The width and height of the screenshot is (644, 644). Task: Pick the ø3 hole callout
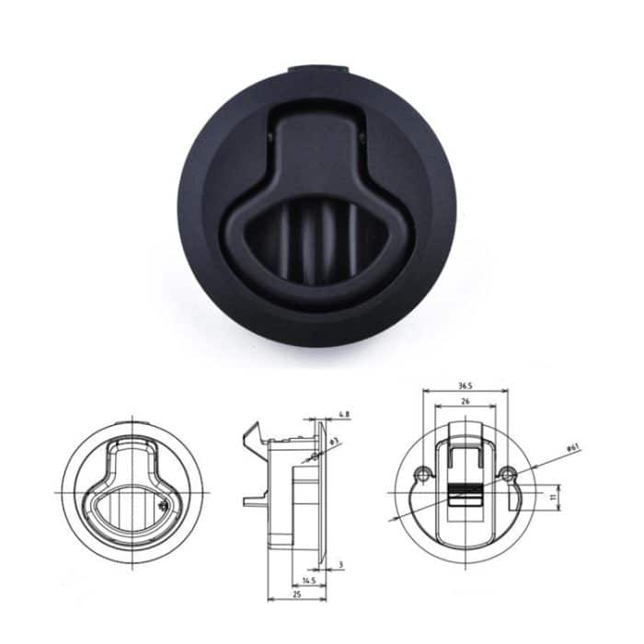(337, 443)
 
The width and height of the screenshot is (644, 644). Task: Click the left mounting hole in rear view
(421, 475)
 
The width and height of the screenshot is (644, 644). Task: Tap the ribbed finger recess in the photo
(317, 241)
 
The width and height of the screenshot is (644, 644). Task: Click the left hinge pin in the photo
(270, 138)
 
